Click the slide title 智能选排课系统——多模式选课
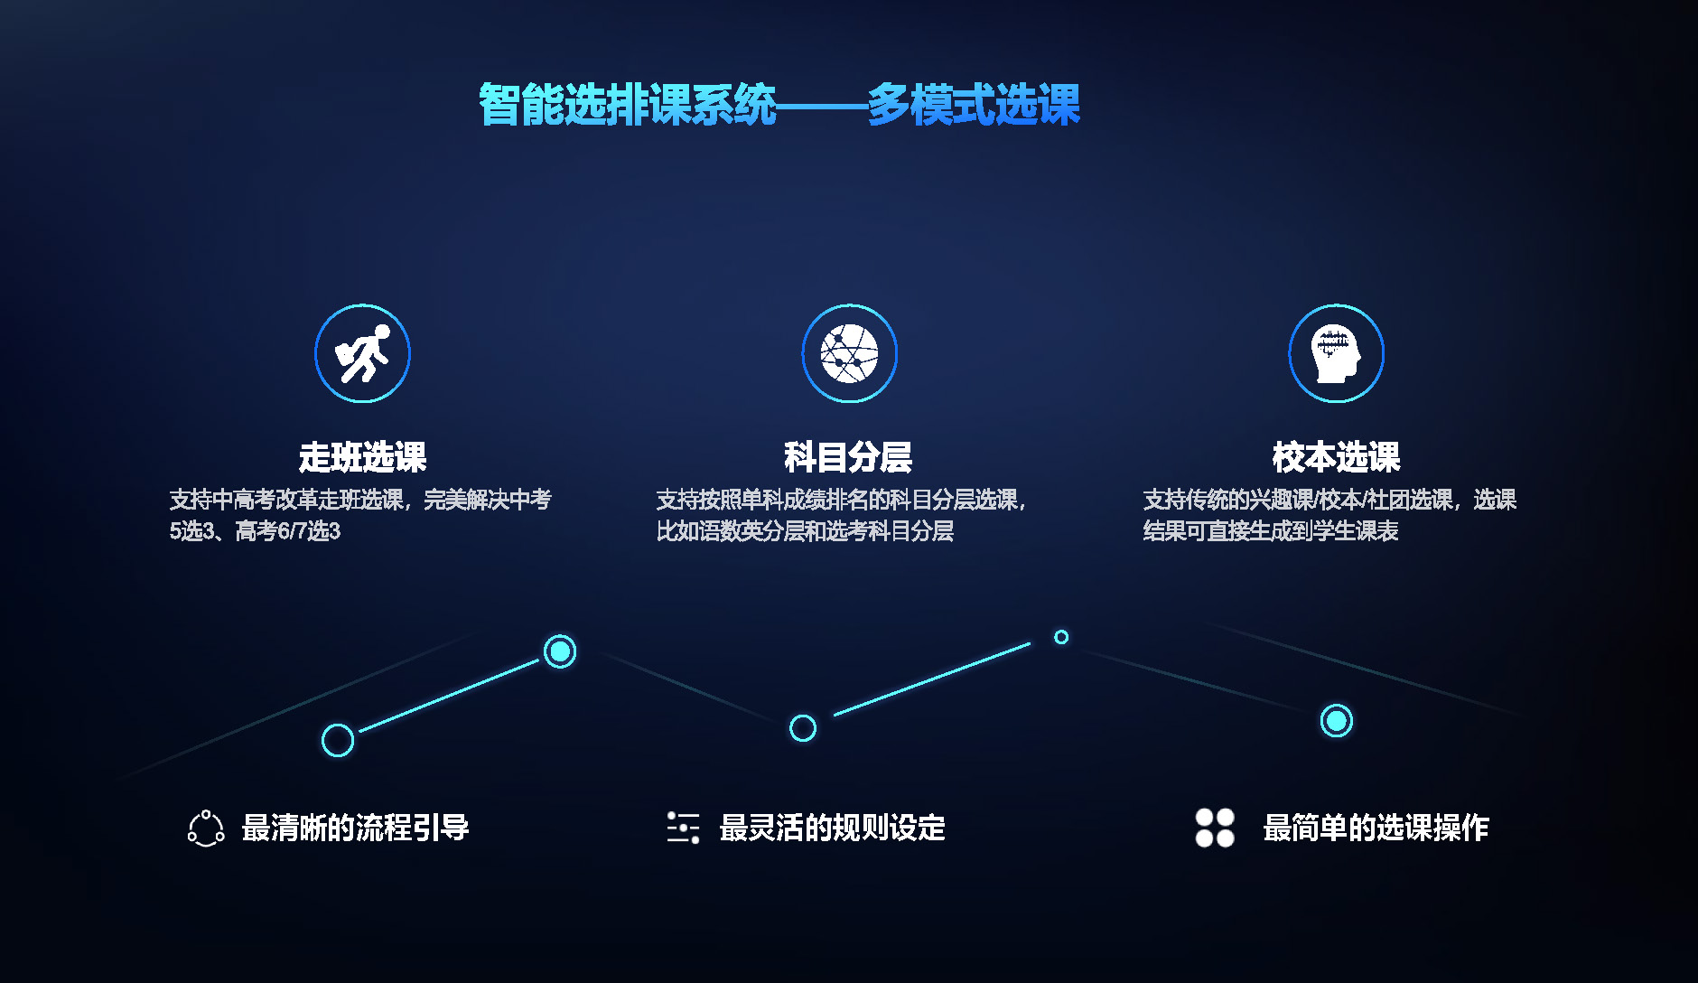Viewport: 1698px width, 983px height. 779,105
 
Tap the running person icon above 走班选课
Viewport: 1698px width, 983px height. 362,353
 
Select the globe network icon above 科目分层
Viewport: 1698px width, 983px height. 849,353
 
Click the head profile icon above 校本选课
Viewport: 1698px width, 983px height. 1336,353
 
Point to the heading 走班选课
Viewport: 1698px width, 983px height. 362,457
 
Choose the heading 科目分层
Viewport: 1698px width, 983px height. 848,457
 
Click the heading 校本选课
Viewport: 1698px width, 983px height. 1336,457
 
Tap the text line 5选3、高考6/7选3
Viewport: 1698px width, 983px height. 255,531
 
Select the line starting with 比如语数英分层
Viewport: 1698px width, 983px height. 805,531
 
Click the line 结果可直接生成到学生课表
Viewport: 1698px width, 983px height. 1271,531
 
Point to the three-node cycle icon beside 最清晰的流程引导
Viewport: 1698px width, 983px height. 206,829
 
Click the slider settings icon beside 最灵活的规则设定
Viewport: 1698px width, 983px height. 684,828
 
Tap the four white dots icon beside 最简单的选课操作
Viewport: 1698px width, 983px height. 1215,828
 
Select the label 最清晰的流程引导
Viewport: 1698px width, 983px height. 355,828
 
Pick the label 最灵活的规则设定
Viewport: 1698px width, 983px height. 832,828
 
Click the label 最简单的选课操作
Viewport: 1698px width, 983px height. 1376,828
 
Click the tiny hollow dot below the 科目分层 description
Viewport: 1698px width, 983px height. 1061,637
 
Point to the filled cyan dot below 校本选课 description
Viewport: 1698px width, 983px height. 1337,721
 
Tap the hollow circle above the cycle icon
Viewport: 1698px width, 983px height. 338,740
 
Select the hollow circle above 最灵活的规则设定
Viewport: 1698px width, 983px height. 803,727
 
